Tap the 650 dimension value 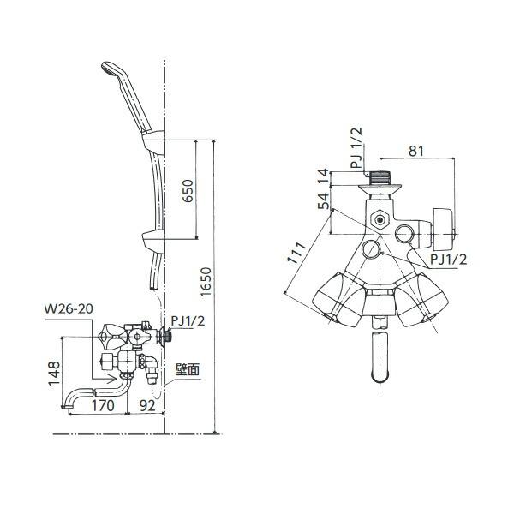pyautogui.click(x=188, y=189)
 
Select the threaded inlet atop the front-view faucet pyautogui.click(x=379, y=179)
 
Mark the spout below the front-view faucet pyautogui.click(x=379, y=360)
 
